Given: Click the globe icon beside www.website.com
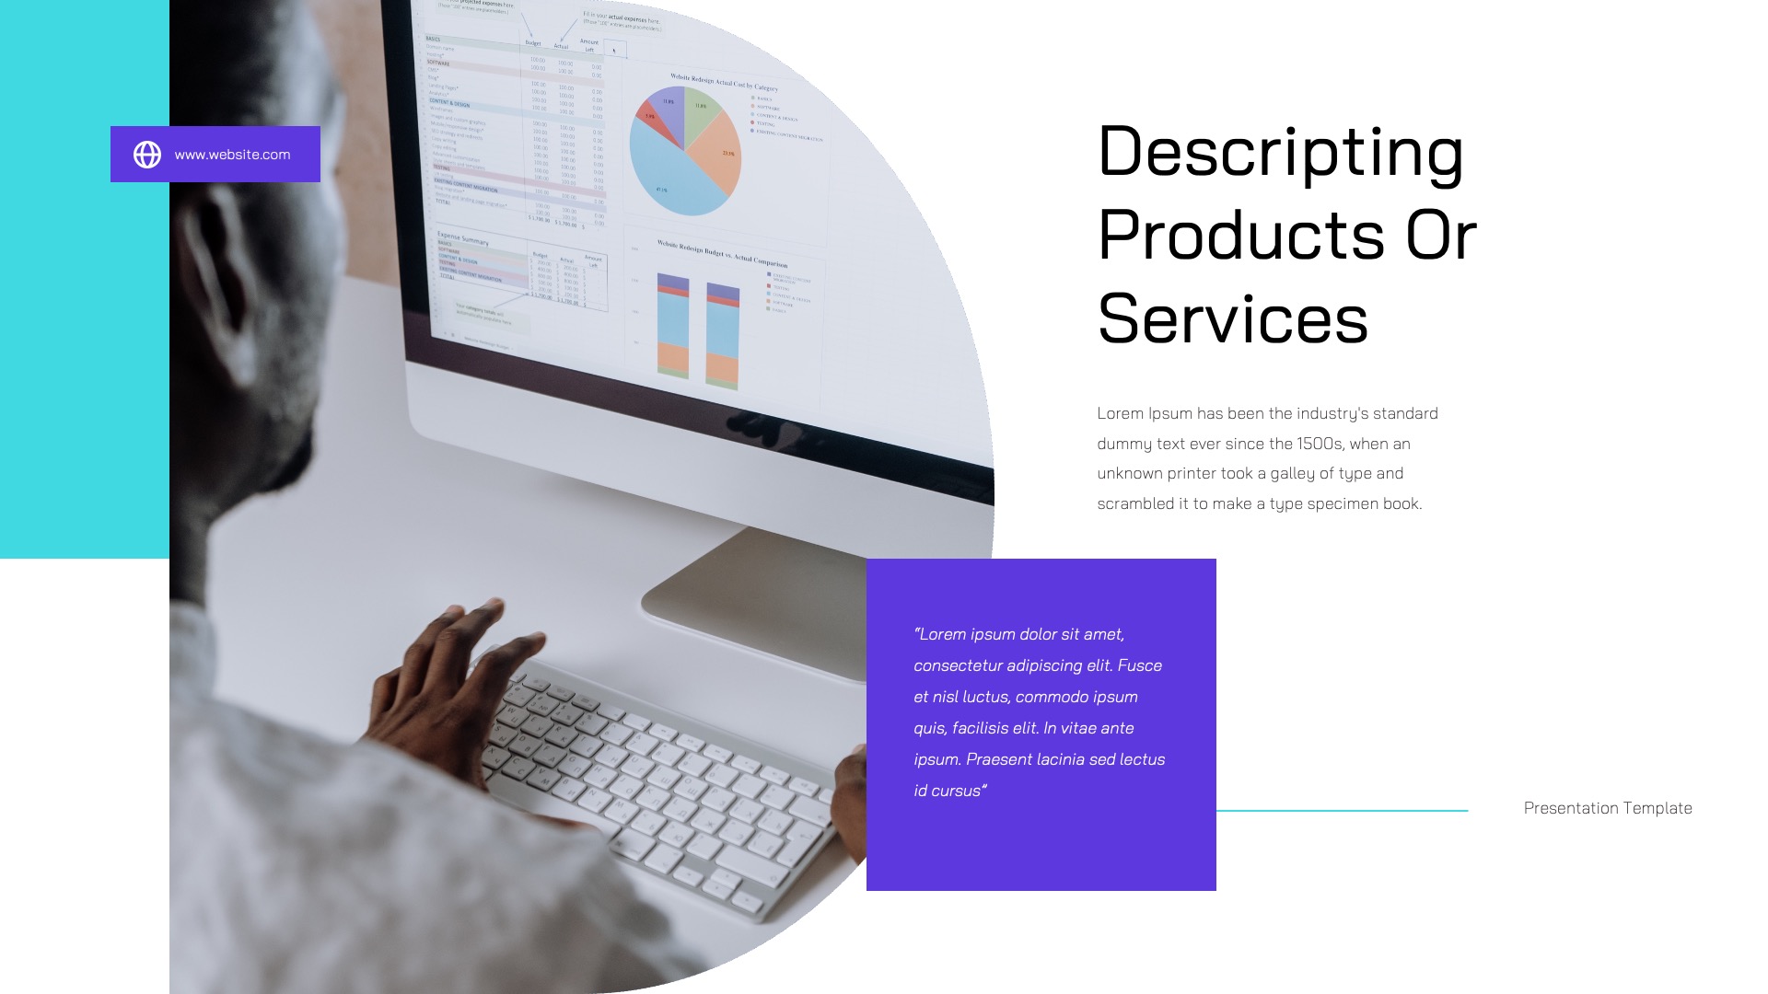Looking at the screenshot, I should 147,155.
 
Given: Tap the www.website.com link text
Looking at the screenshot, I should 232,155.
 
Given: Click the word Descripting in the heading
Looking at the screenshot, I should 1280,152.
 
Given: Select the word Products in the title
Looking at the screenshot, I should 1241,236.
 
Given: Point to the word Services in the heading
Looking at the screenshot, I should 1232,319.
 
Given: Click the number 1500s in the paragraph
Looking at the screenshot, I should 1319,444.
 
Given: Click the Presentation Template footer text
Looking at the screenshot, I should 1607,808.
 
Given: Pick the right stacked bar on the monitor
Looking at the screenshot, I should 723,334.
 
